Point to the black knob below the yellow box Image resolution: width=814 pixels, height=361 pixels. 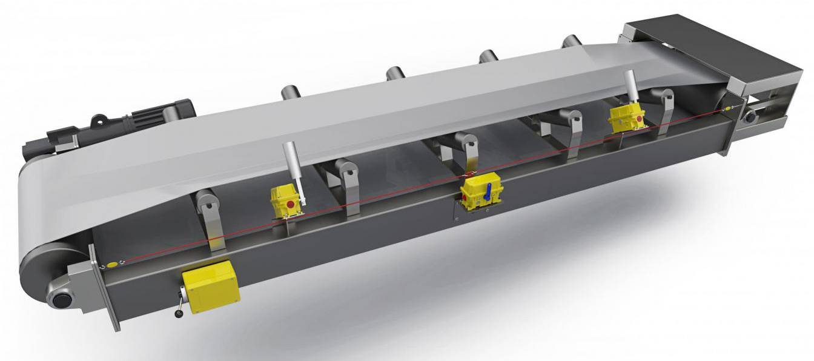[180, 313]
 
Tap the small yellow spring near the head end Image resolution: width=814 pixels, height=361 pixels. [727, 108]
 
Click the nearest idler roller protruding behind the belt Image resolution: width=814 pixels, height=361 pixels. [290, 94]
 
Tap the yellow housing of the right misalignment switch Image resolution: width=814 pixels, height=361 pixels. [624, 118]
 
